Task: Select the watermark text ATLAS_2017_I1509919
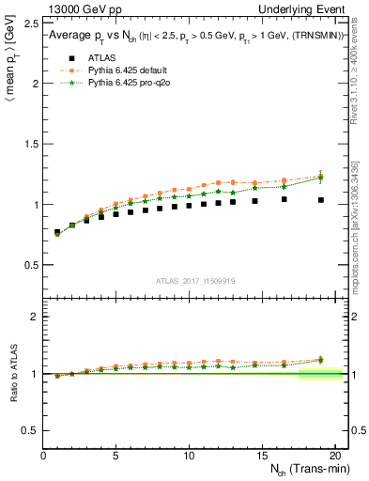point(196,281)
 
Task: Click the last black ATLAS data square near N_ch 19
point(320,200)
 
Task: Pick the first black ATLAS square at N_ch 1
point(58,232)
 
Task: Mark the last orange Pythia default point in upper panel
point(320,176)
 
